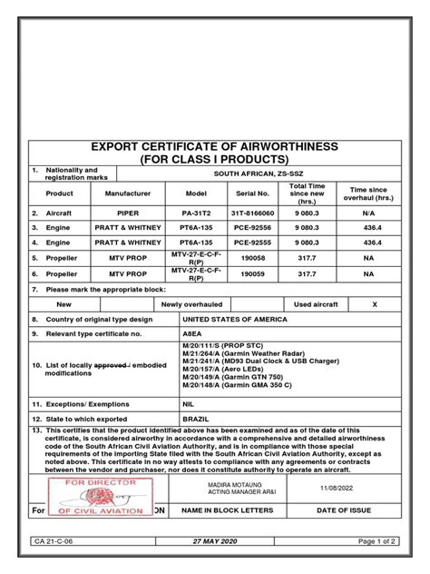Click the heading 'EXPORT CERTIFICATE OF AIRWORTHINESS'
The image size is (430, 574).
[214, 146]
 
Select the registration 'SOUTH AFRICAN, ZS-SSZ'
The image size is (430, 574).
[283, 173]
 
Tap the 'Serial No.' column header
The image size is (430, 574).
[253, 193]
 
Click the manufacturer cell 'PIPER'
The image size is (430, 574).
[133, 211]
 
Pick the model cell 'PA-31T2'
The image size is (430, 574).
[197, 211]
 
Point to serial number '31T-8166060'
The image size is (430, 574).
[253, 211]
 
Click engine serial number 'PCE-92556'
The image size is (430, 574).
[253, 227]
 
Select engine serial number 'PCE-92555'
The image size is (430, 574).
[253, 243]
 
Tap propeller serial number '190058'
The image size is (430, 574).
[253, 260]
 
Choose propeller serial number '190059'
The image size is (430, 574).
[253, 275]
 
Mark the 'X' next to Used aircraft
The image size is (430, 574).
[374, 304]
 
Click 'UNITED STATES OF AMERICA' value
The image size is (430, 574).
[235, 320]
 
